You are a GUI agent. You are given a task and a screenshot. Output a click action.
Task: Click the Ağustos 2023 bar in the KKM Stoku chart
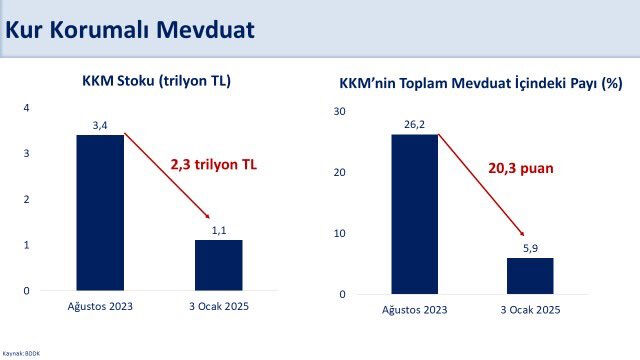tap(100, 212)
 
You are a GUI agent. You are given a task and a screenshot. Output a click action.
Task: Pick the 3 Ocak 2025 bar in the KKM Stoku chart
tap(219, 265)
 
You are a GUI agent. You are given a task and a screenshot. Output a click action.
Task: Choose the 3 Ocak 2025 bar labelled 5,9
tap(529, 276)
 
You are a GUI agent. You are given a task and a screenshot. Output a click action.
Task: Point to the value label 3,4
tap(100, 125)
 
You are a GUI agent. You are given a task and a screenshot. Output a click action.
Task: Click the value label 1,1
tap(219, 230)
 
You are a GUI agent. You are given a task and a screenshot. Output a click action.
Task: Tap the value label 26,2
tap(414, 125)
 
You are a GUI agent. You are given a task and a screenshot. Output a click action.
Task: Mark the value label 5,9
tap(529, 248)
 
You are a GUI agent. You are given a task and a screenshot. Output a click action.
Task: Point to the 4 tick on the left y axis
tap(27, 107)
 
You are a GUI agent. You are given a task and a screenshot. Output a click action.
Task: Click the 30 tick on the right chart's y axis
tap(339, 112)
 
